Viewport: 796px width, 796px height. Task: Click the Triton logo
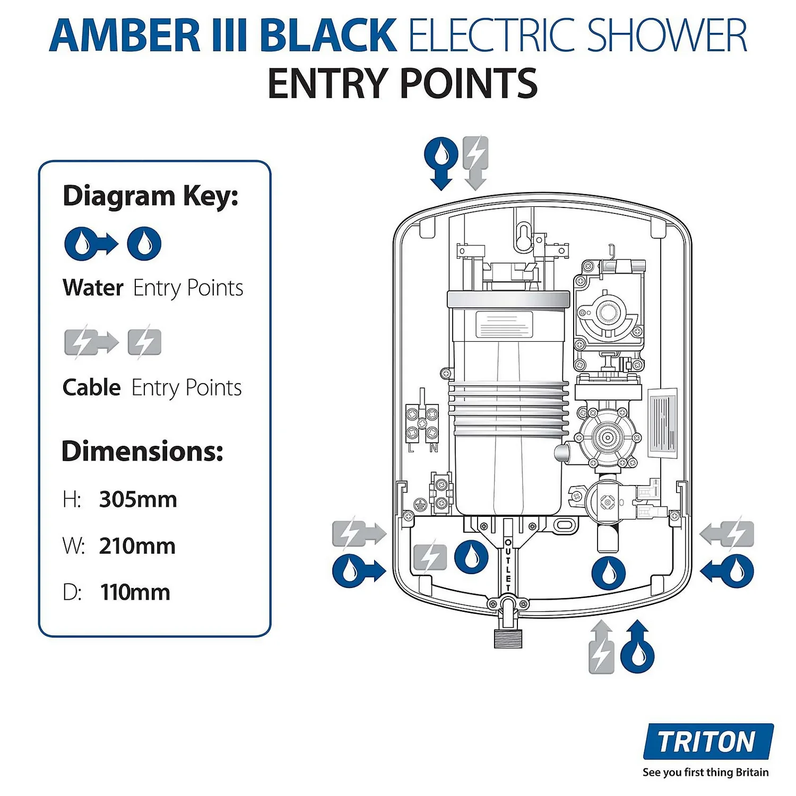[x=707, y=741]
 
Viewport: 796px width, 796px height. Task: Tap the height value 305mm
[x=138, y=499]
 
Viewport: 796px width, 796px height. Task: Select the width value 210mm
[x=137, y=546]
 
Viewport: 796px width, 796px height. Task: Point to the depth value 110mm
[x=135, y=592]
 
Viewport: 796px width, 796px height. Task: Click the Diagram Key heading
[x=151, y=196]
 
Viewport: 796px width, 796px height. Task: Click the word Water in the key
[x=93, y=288]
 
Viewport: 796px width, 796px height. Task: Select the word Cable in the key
[x=91, y=387]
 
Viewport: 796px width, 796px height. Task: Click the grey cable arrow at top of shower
[x=475, y=162]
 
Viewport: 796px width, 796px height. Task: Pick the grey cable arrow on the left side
[x=359, y=533]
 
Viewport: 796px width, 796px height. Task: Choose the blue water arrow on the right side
[x=728, y=572]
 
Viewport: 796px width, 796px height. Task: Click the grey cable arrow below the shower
[x=601, y=647]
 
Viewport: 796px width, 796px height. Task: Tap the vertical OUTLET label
[x=508, y=565]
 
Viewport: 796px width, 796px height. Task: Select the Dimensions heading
[x=142, y=451]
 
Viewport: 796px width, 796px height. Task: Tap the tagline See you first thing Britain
[x=705, y=772]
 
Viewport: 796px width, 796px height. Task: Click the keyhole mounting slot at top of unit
[x=523, y=236]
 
